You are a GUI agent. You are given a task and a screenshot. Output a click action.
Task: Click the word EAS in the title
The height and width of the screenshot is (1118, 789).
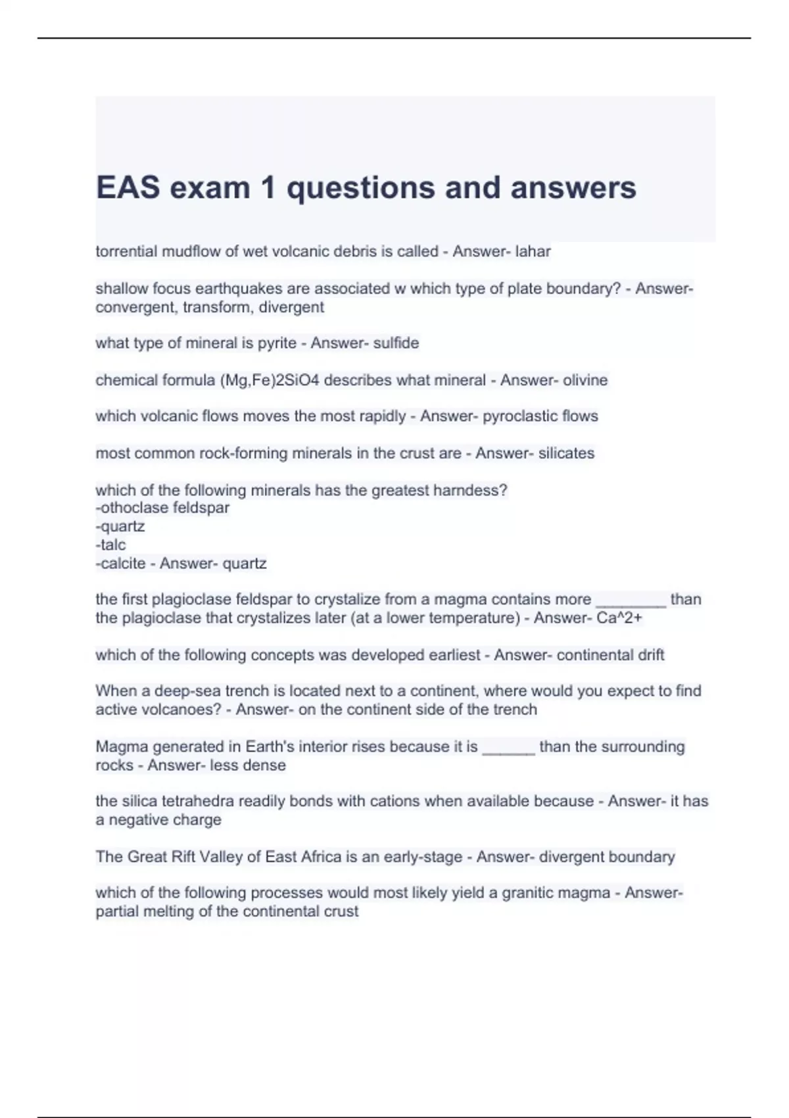coord(128,188)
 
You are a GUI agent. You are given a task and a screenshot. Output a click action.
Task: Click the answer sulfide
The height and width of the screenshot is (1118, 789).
coord(396,343)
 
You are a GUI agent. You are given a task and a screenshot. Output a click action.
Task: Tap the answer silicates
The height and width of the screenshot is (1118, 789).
coord(566,453)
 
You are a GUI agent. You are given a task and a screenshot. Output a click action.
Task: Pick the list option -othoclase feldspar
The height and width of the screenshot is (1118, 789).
coord(162,508)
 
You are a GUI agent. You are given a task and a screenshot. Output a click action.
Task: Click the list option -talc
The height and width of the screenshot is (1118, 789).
coord(110,545)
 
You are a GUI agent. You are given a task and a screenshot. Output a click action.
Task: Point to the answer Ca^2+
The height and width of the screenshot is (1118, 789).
coord(619,618)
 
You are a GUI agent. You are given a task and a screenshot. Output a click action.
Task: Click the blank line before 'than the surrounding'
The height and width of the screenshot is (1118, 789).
coord(508,748)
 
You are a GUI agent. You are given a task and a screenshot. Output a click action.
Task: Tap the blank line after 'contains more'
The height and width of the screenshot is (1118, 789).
coord(631,600)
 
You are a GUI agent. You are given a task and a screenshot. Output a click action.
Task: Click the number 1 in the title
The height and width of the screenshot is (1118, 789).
coord(268,188)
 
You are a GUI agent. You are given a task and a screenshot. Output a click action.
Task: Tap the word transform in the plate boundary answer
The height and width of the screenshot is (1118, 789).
coord(219,307)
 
